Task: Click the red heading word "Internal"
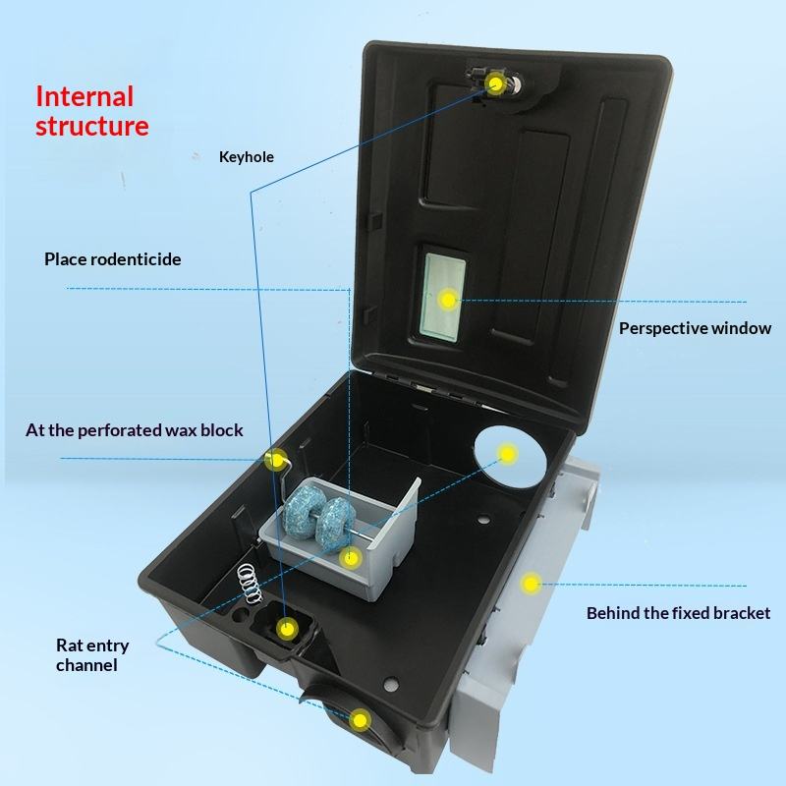(84, 96)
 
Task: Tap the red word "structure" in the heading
(91, 126)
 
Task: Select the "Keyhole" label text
(246, 157)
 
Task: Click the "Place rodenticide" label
(112, 259)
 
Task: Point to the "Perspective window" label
(695, 328)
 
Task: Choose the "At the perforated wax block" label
(134, 430)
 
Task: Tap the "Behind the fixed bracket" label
(678, 613)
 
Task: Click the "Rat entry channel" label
(91, 655)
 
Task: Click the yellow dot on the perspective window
(448, 299)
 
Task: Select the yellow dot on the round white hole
(507, 453)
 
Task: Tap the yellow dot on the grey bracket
(531, 584)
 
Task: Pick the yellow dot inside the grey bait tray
(350, 558)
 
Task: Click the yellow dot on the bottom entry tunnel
(361, 720)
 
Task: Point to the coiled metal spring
(252, 584)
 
